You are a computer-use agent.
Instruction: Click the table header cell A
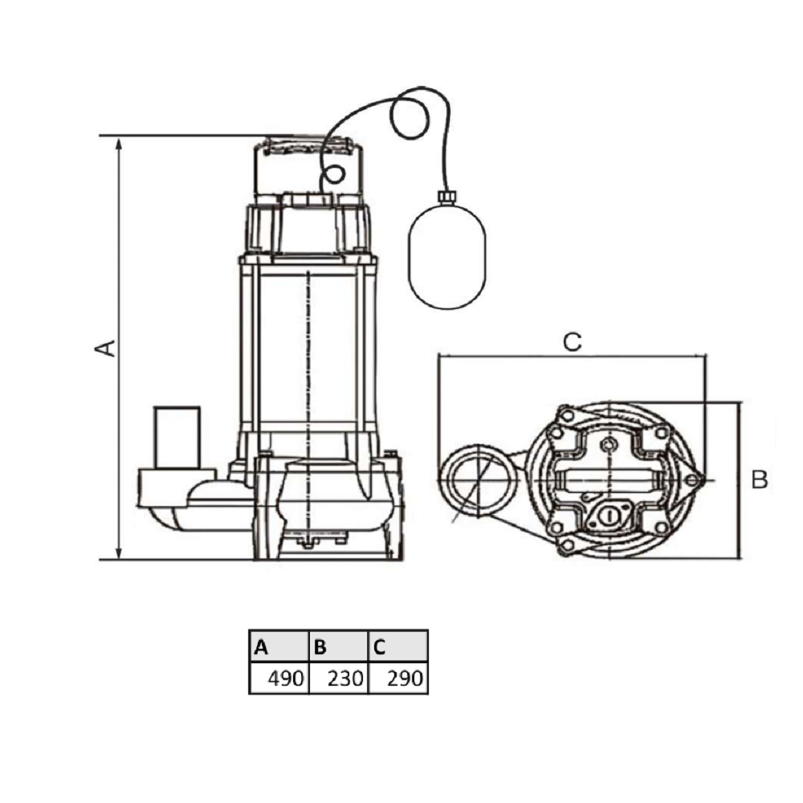coord(279,646)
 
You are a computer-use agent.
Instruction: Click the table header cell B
coord(339,646)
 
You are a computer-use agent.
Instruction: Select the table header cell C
coord(398,646)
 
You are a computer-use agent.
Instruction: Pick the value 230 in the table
coord(345,679)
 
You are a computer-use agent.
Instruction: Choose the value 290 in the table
coord(405,679)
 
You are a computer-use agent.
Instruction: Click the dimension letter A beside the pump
coord(105,348)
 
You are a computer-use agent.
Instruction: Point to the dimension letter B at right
coord(760,480)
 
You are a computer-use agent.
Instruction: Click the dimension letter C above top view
coord(572,342)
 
